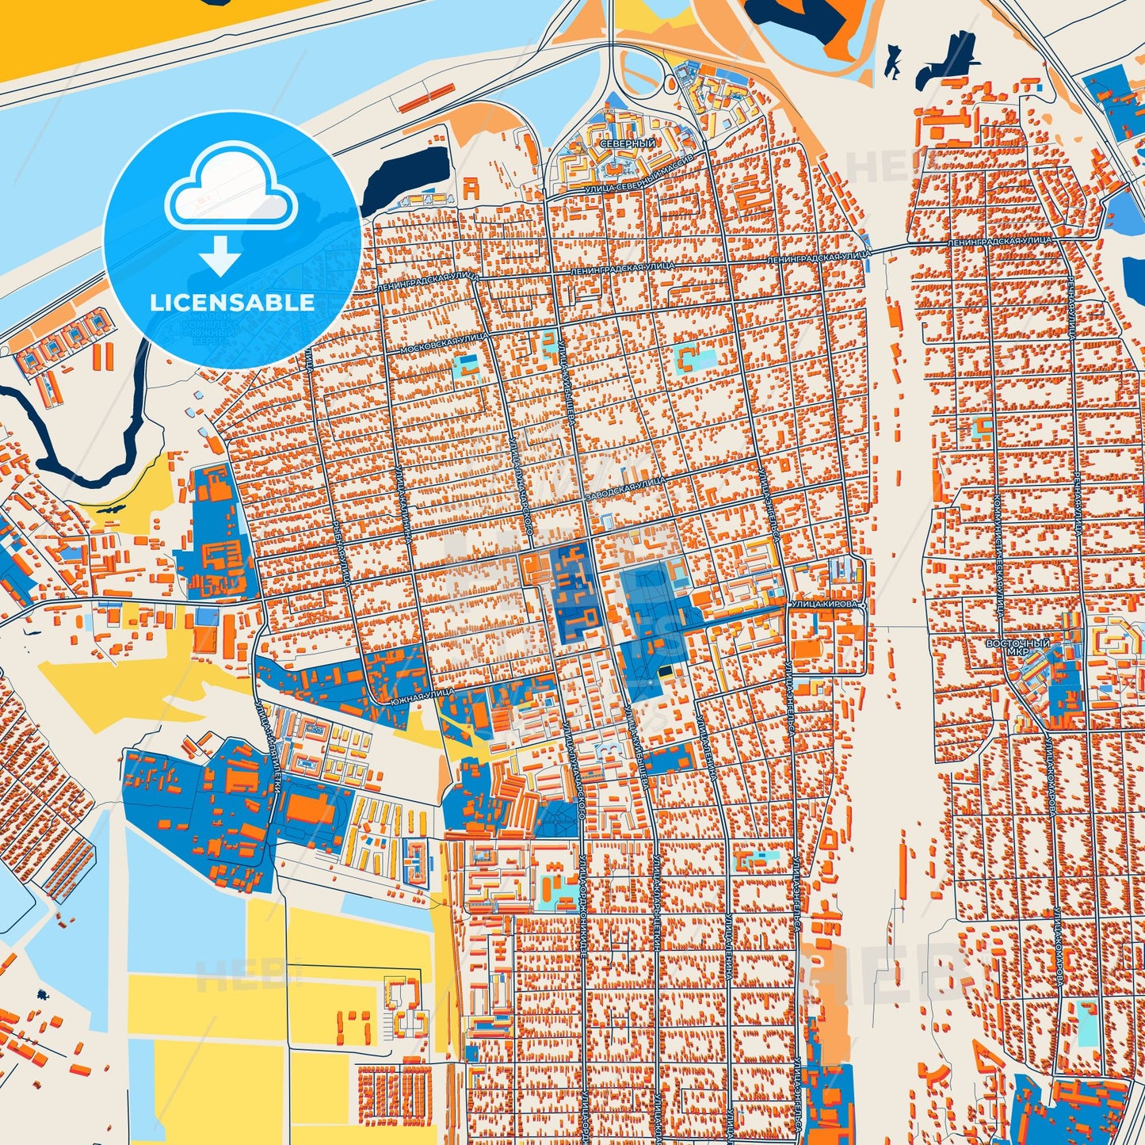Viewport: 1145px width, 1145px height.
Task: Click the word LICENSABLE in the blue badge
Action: coord(232,303)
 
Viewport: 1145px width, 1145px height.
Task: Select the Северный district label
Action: coord(628,144)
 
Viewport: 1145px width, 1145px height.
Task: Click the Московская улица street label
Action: coord(444,342)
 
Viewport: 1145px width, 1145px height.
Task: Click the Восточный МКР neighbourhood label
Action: coord(1017,647)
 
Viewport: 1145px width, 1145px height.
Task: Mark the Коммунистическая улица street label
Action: coord(1000,553)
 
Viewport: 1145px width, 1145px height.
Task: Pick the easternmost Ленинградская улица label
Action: coord(999,240)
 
